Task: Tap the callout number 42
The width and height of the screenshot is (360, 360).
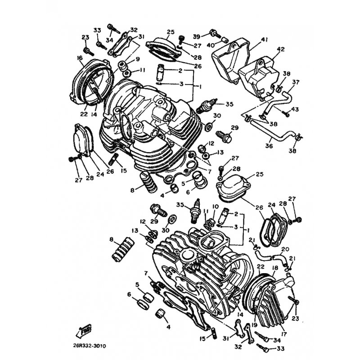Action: pyautogui.click(x=280, y=49)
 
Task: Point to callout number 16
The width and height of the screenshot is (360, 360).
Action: pyautogui.click(x=80, y=58)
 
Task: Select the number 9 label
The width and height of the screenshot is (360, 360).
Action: pyautogui.click(x=138, y=59)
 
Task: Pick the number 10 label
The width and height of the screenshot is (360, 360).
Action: pyautogui.click(x=215, y=207)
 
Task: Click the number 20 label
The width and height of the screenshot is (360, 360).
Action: pyautogui.click(x=285, y=249)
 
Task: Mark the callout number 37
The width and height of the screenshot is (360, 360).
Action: pyautogui.click(x=296, y=82)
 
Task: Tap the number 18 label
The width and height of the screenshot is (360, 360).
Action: pyautogui.click(x=275, y=268)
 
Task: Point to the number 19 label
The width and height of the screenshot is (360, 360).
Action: pyautogui.click(x=254, y=325)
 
